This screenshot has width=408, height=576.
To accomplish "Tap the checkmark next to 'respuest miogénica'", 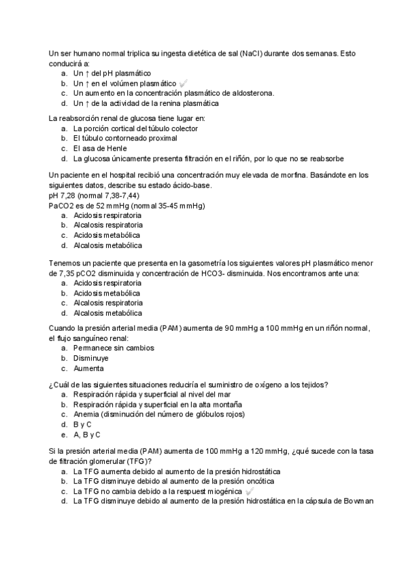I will pyautogui.click(x=250, y=491).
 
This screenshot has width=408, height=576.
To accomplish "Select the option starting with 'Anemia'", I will pyautogui.click(x=158, y=414).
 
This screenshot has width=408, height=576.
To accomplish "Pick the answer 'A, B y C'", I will pyautogui.click(x=86, y=435).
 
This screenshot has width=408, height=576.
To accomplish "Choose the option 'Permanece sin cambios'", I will pyautogui.click(x=114, y=348).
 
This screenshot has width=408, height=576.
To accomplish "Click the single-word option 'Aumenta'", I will pyautogui.click(x=89, y=368).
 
